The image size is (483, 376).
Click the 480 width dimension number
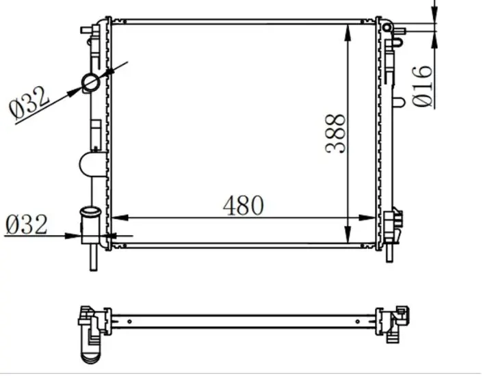(x=244, y=205)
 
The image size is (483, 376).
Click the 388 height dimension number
(x=335, y=133)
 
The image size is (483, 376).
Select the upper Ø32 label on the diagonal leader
(x=29, y=103)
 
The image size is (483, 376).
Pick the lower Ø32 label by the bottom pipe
(x=27, y=224)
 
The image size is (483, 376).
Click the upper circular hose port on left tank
(x=90, y=83)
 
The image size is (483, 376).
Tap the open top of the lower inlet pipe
(x=90, y=211)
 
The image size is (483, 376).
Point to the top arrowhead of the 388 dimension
(x=348, y=33)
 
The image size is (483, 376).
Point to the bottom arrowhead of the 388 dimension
(x=348, y=234)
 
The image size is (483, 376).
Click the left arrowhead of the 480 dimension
(x=120, y=218)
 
